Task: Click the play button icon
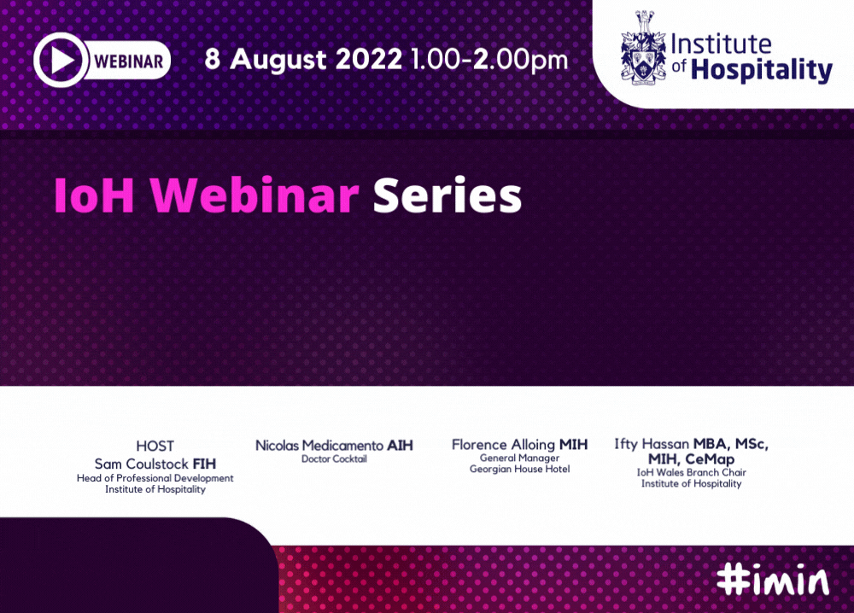61,60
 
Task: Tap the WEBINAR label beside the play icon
129,61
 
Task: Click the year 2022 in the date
369,59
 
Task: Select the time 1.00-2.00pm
489,60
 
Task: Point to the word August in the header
278,60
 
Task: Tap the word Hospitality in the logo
762,70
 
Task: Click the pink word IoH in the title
94,195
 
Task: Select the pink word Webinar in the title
254,194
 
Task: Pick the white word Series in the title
447,195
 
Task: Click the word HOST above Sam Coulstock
155,446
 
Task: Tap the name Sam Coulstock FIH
155,464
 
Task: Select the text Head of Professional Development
155,478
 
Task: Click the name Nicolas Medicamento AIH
335,446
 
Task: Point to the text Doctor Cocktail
335,459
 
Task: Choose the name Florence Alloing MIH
519,445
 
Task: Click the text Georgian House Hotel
519,470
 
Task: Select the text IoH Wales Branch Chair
691,472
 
